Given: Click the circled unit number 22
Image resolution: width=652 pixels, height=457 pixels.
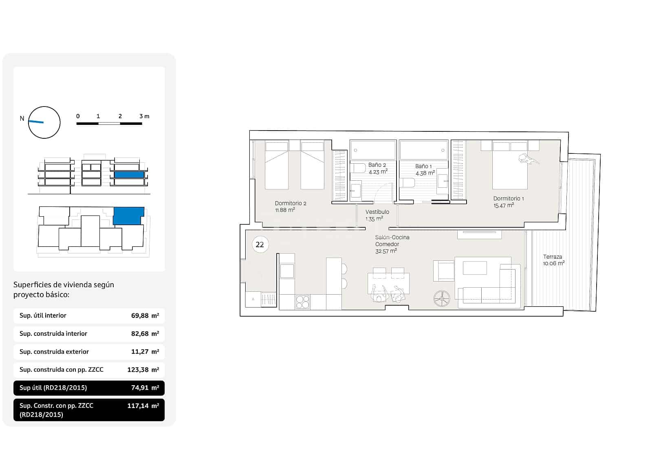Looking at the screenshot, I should [x=260, y=244].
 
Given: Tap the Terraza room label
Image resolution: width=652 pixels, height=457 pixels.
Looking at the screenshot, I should [x=552, y=257].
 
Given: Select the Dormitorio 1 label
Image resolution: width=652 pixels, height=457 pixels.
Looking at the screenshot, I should [x=508, y=198].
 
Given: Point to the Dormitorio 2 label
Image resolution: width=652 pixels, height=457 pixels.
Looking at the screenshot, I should [x=291, y=203].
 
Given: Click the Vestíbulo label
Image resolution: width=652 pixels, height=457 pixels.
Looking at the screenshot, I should [x=377, y=212].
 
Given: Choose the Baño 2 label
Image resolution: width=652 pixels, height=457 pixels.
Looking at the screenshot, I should [x=377, y=165].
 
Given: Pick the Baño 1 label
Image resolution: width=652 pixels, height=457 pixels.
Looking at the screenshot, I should [x=423, y=166].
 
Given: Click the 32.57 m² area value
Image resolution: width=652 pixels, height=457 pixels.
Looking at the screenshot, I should [x=385, y=251].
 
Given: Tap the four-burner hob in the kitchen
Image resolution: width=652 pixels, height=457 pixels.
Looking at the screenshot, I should [x=302, y=302].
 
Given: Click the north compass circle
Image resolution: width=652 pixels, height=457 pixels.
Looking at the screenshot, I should [x=44, y=122].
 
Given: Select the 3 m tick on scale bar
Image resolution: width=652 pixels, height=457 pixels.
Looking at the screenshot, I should [x=141, y=116].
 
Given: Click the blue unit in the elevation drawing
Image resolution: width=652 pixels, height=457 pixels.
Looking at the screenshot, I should [x=129, y=175].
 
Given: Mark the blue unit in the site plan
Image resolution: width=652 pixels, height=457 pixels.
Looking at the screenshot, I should [x=128, y=216].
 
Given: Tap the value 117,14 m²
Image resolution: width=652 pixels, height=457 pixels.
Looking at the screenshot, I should [x=143, y=406].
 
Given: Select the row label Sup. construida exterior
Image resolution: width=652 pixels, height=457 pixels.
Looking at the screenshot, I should [x=54, y=351].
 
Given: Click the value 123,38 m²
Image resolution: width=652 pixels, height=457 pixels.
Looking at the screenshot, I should [x=143, y=370].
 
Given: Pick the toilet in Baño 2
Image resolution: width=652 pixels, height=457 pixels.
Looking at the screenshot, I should [x=359, y=168].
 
